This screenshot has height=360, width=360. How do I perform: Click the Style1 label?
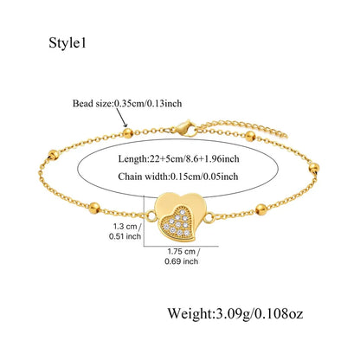(67, 43)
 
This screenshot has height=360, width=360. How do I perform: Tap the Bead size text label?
(127, 103)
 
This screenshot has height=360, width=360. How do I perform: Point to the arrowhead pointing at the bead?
(125, 125)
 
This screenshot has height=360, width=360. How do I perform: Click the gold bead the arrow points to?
(128, 133)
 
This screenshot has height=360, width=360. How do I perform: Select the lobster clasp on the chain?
(185, 128)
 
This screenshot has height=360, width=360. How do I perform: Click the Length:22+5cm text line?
(178, 158)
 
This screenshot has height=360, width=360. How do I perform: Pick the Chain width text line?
(178, 177)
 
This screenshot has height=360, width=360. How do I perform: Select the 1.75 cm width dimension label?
(183, 251)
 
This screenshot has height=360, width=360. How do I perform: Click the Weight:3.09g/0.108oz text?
(235, 313)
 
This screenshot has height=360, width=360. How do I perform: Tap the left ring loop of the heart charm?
(151, 216)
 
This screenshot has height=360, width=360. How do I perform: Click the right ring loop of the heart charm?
(210, 218)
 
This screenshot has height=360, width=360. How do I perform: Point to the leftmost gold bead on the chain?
(54, 155)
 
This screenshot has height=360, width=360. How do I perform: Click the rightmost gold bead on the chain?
(314, 168)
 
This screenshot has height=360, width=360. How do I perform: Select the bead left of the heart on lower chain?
(94, 208)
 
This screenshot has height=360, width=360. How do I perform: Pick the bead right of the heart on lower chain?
(261, 209)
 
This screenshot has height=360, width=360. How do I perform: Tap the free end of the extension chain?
(286, 135)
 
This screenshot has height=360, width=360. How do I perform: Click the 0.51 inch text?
(125, 236)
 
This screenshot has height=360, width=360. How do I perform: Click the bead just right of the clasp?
(250, 137)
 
